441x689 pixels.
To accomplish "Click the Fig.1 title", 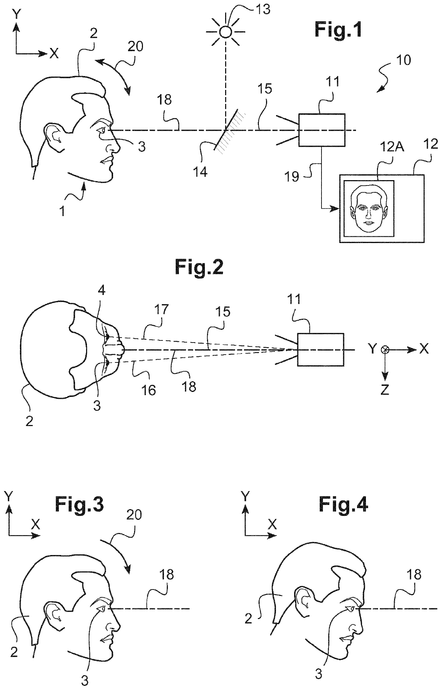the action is [x=338, y=29].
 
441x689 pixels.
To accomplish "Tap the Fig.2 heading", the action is [x=199, y=267].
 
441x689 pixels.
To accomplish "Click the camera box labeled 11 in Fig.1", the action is [x=322, y=130].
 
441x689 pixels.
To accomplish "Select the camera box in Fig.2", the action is [x=321, y=350].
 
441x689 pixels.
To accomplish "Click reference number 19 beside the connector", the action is [x=292, y=176].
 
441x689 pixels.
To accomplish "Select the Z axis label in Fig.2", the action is [x=384, y=390].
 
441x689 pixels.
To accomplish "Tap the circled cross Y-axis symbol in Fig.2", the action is [x=384, y=350].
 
